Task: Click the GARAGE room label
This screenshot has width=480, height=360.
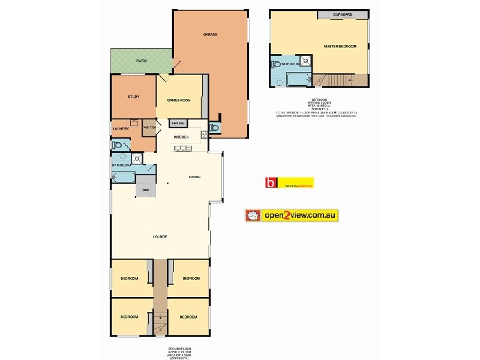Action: coord(210,35)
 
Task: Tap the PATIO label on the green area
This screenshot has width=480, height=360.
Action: coord(142,61)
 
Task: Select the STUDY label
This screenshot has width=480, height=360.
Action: coord(133,97)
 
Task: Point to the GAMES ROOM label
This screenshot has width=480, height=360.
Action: coord(179,100)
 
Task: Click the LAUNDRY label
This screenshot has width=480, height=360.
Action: coord(121,128)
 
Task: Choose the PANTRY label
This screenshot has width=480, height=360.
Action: coord(150,127)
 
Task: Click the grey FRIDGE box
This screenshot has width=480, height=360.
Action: coord(179,124)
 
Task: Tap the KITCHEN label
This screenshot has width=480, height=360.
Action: coord(181,137)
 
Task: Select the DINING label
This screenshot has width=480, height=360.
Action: coord(194,178)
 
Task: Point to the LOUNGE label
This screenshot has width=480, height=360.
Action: coord(159,236)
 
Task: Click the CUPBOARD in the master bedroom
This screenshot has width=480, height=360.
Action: coord(343,14)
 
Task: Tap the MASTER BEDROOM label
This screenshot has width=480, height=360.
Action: coord(340,46)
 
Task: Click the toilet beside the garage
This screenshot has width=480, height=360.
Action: coord(214,128)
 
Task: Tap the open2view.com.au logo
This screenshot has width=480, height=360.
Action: coord(292,215)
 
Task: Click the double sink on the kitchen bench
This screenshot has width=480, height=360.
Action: coord(182,147)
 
